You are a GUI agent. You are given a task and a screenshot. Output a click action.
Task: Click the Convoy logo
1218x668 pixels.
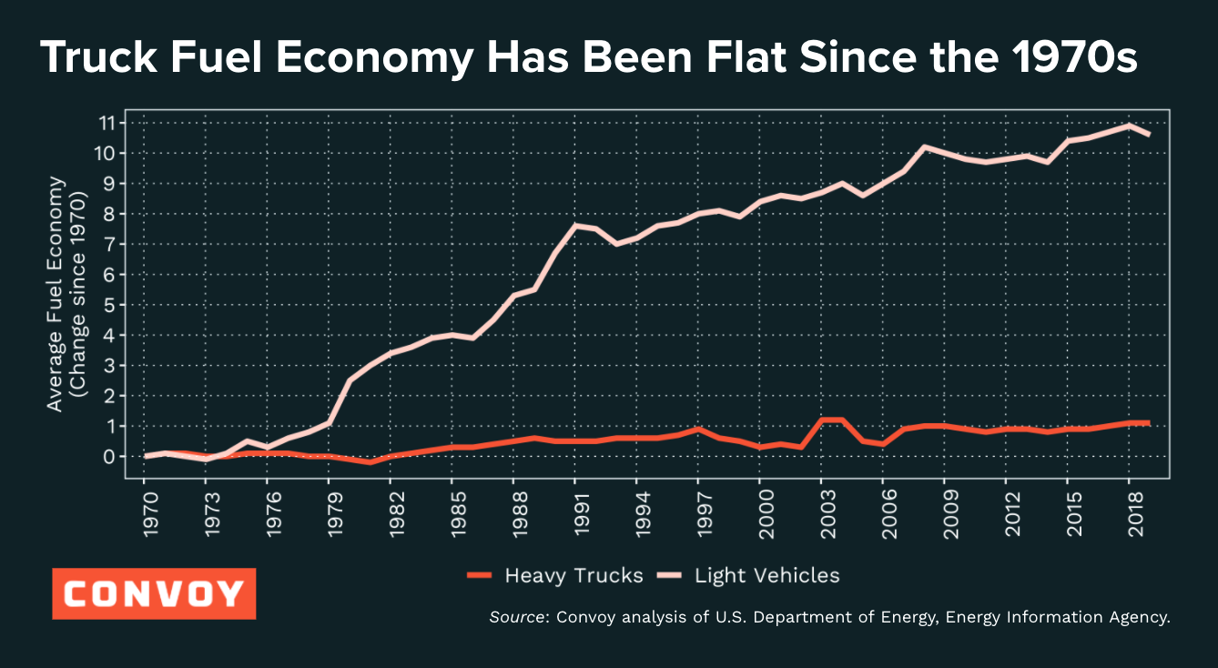tap(154, 593)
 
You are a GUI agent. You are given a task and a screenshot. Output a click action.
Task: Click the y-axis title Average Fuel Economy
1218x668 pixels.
tap(56, 293)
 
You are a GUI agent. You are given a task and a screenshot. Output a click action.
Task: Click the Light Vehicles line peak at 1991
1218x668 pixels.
tap(574, 225)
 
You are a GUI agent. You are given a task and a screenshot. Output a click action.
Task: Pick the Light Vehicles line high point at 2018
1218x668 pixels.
tap(1129, 126)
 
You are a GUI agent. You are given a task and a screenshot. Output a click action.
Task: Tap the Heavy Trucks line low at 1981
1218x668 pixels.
tap(370, 462)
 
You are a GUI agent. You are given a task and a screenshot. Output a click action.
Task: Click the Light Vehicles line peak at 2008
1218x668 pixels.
tap(924, 147)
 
